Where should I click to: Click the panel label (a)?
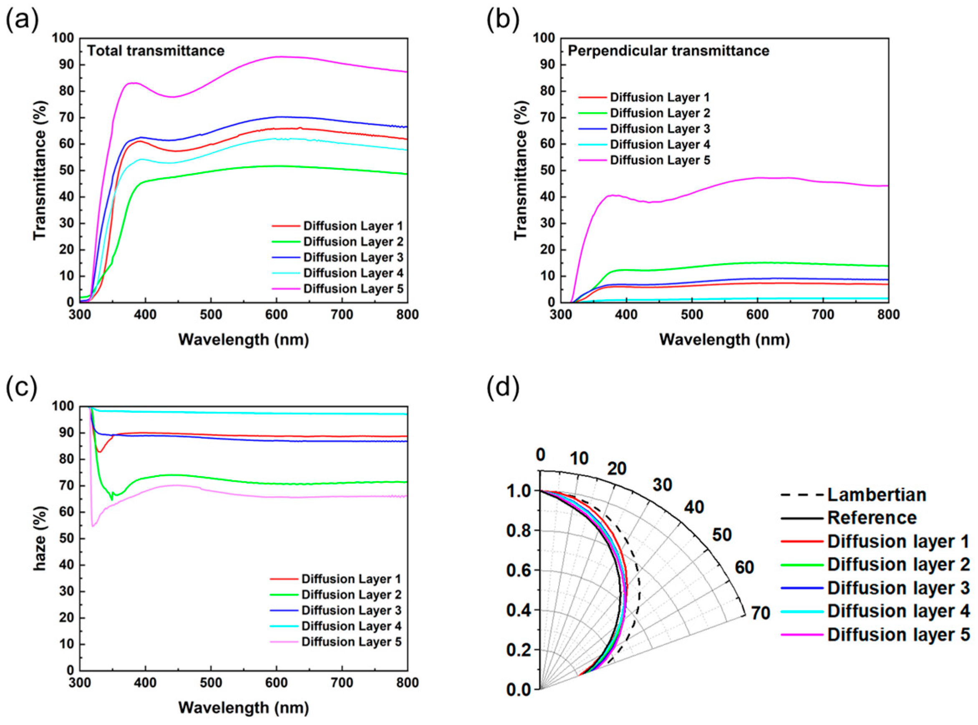pyautogui.click(x=22, y=20)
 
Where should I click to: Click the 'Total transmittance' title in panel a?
pyautogui.click(x=156, y=51)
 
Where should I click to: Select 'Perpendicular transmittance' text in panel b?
pyautogui.click(x=668, y=51)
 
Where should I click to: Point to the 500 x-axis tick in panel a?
pyautogui.click(x=211, y=315)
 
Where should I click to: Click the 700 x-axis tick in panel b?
pyautogui.click(x=823, y=315)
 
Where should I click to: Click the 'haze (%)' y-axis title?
pyautogui.click(x=40, y=539)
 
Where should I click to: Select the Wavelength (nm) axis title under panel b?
pyautogui.click(x=725, y=340)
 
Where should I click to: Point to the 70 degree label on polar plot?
pyautogui.click(x=760, y=613)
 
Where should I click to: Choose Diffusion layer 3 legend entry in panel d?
pyautogui.click(x=898, y=588)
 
